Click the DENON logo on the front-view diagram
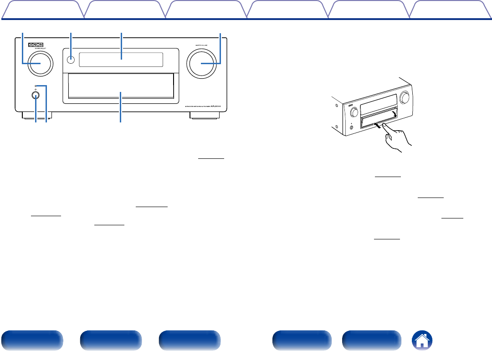pos(39,45)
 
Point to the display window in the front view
pos(121,59)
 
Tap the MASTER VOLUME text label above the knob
pos(201,45)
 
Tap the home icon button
pos(422,340)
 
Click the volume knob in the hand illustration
pos(404,97)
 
